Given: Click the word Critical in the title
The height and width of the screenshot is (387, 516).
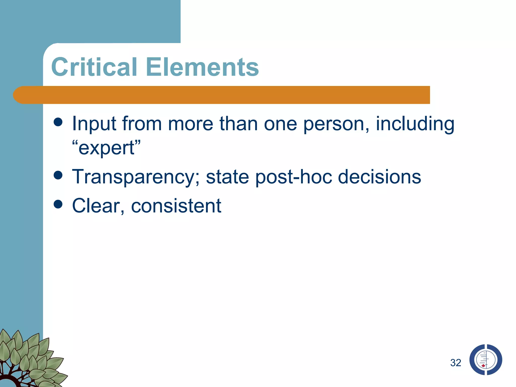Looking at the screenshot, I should tap(94, 67).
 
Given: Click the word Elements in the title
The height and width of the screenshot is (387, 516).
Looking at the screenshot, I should tap(202, 67).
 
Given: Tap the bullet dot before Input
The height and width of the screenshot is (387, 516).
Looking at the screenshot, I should tap(58, 122).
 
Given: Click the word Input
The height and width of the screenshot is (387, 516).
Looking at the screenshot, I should tap(94, 124).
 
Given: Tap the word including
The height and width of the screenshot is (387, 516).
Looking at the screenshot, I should tap(415, 124).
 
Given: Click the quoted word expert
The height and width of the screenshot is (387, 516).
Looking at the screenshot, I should tap(106, 148).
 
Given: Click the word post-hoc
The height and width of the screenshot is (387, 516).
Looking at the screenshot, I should tap(294, 177).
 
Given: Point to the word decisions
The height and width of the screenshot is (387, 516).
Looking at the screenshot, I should tap(379, 177).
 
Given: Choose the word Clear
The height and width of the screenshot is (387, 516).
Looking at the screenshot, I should tap(98, 206).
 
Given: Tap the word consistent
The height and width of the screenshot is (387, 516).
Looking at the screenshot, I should tap(176, 206).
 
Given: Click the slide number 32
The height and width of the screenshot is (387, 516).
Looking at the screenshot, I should tap(456, 363).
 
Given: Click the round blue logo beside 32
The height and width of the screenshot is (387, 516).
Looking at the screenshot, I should tap(486, 360).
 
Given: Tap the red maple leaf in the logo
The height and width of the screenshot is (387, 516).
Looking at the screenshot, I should tap(483, 366).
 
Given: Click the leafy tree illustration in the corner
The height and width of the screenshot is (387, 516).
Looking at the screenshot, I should tap(28, 360).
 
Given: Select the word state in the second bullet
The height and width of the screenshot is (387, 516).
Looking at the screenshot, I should tap(228, 177).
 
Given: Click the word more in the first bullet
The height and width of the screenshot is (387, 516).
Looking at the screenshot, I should tap(190, 124).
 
